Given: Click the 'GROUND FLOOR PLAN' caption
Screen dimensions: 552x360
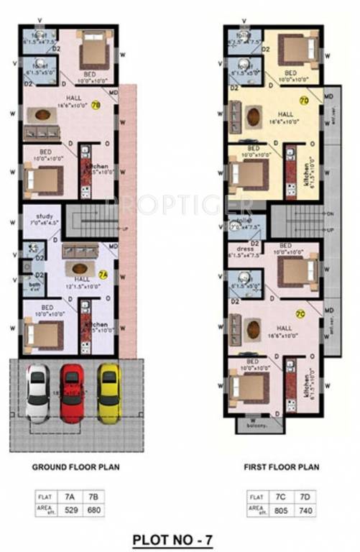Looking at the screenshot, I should tap(75, 466).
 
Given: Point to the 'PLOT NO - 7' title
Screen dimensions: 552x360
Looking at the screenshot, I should tap(173, 537).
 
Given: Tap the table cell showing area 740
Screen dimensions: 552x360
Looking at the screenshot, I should tap(305, 510).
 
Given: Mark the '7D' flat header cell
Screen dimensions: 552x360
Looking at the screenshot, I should tap(305, 497).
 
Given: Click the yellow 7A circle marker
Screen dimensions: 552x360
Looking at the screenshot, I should tap(103, 274).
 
